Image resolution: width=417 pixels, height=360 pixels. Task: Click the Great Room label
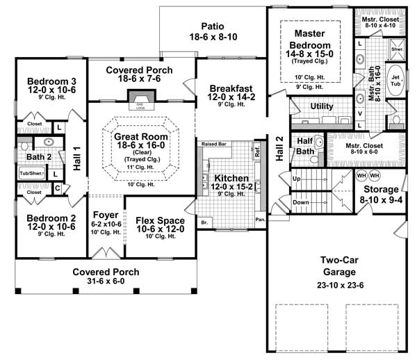point(141,138)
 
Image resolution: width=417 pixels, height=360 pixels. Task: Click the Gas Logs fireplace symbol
point(141,102)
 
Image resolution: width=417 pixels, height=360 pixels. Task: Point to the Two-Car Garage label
point(340,265)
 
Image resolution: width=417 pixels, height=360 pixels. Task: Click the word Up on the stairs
point(297,179)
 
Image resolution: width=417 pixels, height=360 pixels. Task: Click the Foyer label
point(105,215)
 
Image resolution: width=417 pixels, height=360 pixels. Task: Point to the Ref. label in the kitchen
point(256,150)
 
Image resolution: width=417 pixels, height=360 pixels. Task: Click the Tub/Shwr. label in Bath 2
point(31,172)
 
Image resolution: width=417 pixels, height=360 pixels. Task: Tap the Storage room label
point(379,189)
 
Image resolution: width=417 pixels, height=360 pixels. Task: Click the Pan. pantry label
point(259,219)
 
